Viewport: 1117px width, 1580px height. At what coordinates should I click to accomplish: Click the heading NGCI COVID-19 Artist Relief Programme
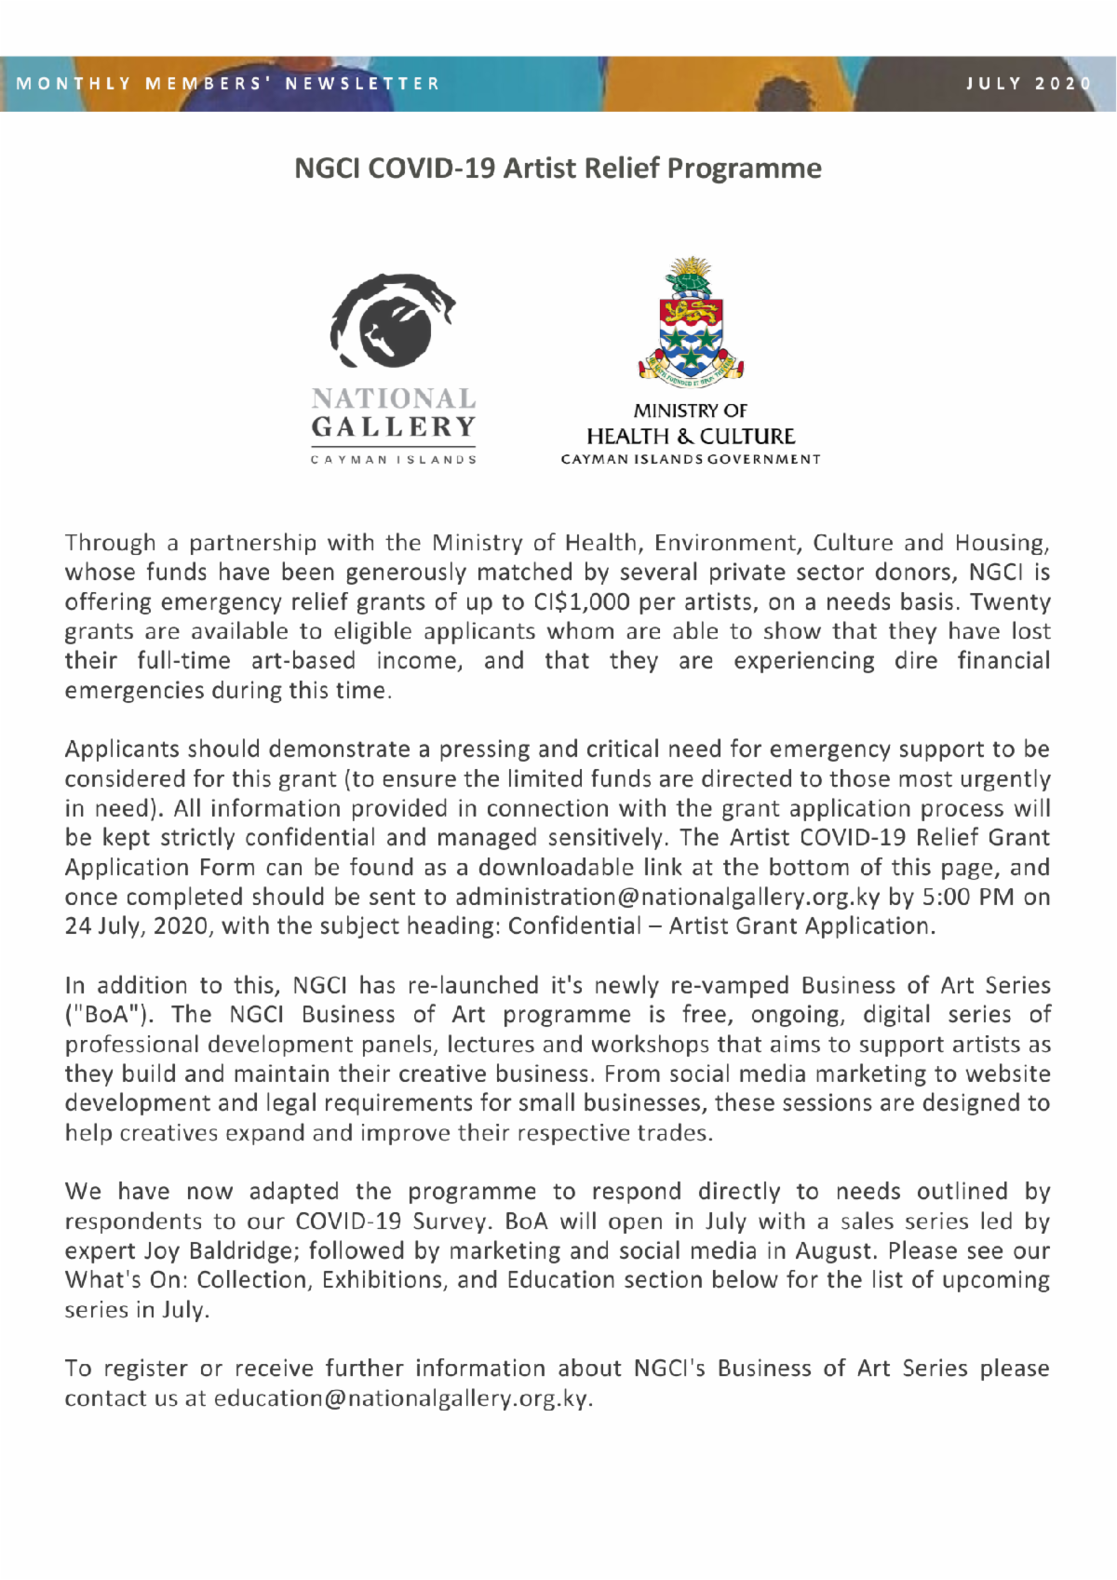[x=558, y=169]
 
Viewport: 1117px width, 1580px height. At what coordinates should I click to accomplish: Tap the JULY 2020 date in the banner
[x=1028, y=84]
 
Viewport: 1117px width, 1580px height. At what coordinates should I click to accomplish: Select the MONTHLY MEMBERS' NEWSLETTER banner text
[x=228, y=84]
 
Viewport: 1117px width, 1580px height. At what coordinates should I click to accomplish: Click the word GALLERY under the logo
[x=394, y=427]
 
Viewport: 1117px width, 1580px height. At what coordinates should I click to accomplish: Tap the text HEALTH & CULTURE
[x=691, y=436]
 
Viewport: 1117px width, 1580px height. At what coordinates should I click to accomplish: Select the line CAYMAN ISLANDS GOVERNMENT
[x=691, y=459]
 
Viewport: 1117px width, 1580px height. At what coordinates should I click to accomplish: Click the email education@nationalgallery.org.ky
[x=401, y=1398]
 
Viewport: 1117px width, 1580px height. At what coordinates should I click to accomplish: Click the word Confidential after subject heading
[x=574, y=926]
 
